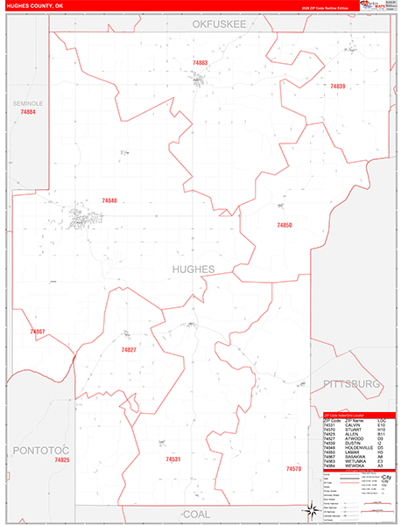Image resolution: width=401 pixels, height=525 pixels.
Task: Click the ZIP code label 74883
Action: [x=200, y=63]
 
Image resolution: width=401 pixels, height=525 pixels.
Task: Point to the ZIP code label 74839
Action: [x=337, y=87]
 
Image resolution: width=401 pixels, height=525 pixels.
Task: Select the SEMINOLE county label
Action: [x=27, y=103]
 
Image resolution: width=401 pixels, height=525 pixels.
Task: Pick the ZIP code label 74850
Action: [x=284, y=226]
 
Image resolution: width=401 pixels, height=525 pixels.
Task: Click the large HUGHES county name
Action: [x=193, y=269]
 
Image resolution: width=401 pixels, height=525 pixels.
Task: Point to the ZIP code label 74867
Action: [x=37, y=332]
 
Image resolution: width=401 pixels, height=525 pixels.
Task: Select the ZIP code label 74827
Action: [x=129, y=350]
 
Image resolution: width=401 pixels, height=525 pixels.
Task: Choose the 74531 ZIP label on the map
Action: [x=172, y=458]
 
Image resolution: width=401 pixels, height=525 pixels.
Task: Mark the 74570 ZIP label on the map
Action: [x=293, y=469]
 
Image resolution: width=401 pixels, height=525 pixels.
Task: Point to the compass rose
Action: [x=311, y=509]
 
